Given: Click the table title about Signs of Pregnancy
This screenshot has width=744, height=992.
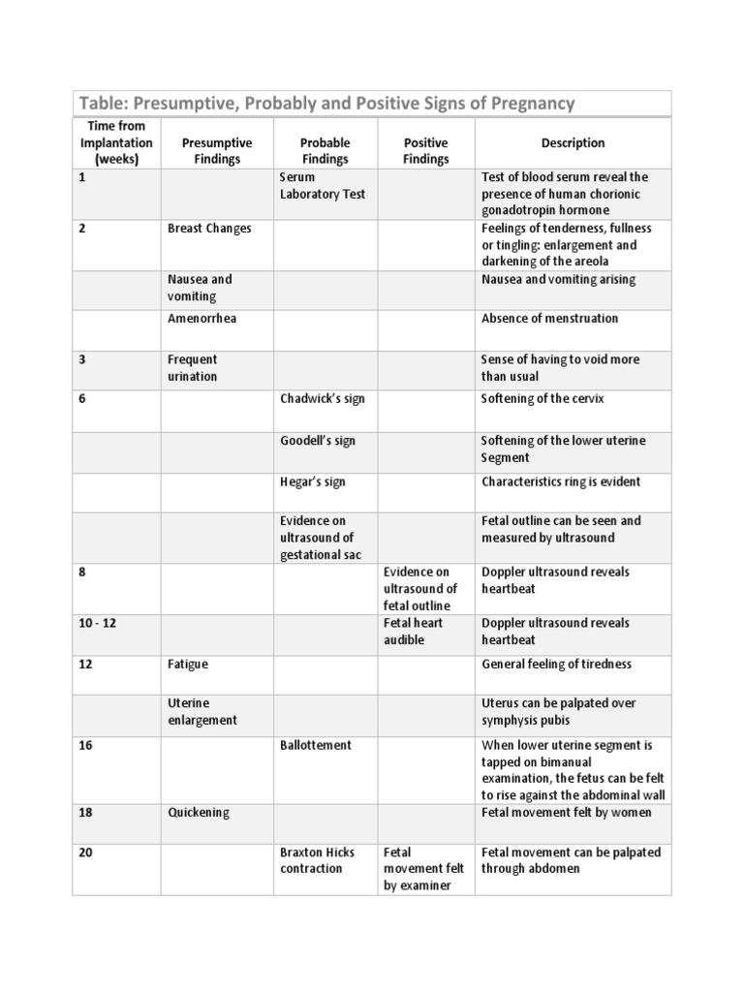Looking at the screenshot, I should pos(327,104).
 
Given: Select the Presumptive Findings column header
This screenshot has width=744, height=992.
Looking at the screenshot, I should pos(217,151).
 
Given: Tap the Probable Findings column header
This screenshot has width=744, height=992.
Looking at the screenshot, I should pos(325,151).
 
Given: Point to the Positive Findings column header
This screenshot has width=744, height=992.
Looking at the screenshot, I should pos(425,151).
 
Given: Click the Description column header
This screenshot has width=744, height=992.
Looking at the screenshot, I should pos(573,143).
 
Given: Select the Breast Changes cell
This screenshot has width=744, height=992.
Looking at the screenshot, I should pos(209,229).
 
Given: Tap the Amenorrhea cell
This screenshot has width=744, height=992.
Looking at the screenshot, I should pos(202,319).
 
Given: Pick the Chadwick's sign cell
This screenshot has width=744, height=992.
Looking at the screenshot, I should pos(323,399).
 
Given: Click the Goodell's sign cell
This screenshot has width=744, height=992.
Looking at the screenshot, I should pos(318,441).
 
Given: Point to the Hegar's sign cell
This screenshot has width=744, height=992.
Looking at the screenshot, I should pos(312,481).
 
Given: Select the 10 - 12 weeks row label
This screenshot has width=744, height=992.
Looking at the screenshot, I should pos(98,623).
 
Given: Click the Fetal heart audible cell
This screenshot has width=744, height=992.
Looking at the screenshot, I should pos(412,632).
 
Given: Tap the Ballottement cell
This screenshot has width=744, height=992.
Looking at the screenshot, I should pos(316,745).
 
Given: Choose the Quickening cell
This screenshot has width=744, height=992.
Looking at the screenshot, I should pos(199,813).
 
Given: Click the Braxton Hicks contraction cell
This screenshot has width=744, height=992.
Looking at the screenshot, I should pos(317,860).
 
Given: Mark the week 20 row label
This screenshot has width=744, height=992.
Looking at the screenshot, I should pos(86,852).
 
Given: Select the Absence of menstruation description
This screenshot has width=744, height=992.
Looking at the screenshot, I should pos(549,319).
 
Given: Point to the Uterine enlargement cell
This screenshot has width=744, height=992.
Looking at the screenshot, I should pos(202,712).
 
